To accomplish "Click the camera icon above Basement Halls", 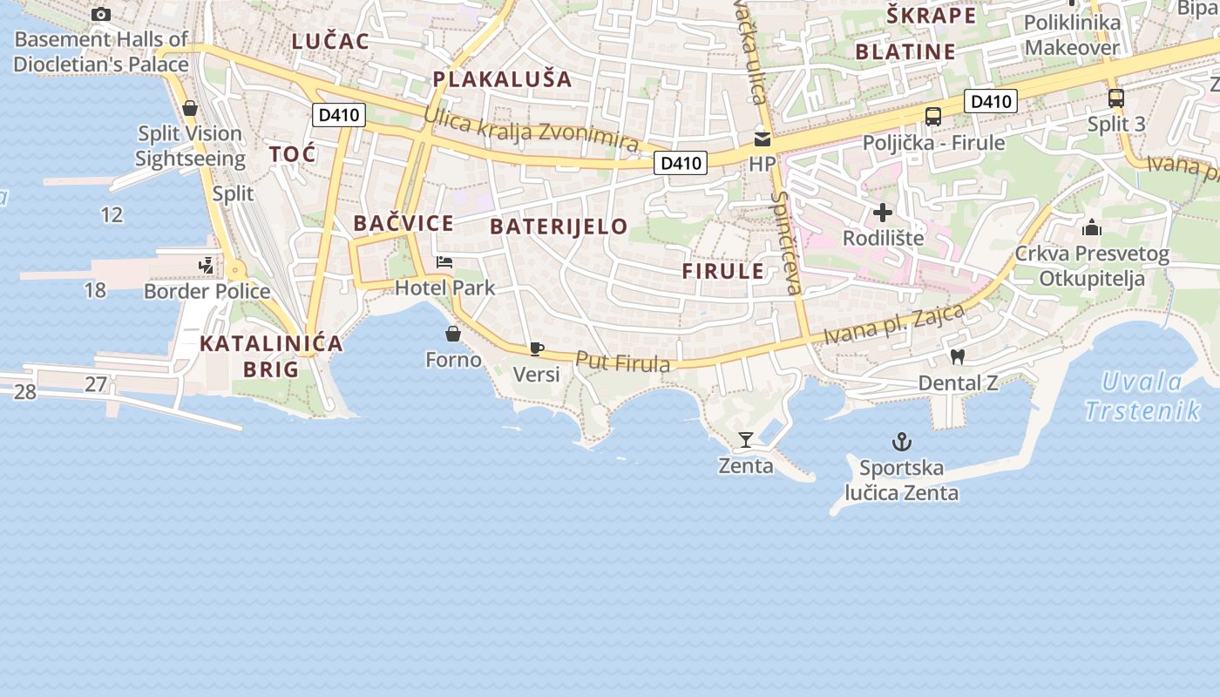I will [101, 14].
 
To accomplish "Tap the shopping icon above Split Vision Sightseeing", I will [189, 108].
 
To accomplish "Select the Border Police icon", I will [207, 265].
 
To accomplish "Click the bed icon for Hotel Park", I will [444, 261].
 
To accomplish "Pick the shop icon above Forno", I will [453, 333].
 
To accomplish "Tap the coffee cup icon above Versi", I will [536, 348].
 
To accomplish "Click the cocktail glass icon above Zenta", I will [746, 440].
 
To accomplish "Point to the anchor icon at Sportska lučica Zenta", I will [901, 443].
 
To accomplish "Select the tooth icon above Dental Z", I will [957, 356].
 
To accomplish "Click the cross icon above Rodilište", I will [883, 212].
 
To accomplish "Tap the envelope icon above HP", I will [762, 139].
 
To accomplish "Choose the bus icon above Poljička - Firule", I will [932, 116].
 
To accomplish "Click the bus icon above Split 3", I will [1116, 98].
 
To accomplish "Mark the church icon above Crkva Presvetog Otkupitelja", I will [1091, 228].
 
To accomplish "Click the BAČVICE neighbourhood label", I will [403, 223].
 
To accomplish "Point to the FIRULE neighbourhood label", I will [723, 271].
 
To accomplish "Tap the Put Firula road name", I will [623, 362].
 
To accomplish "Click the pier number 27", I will [96, 383].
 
